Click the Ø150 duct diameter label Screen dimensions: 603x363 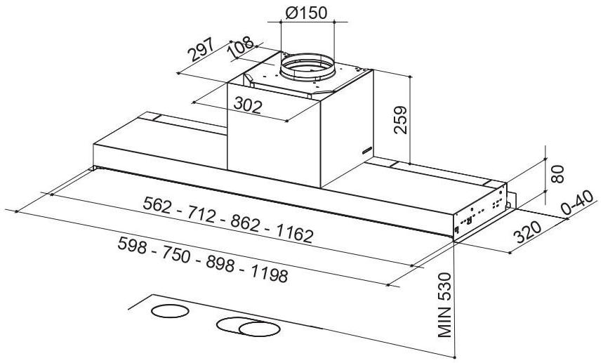tap(307, 13)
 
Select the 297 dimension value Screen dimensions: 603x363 tap(201, 49)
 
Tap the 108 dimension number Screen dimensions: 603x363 tap(241, 46)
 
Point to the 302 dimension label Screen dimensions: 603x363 tap(248, 105)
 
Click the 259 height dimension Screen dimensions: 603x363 tap(400, 119)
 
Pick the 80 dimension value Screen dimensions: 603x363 tap(557, 174)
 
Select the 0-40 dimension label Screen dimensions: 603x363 tap(577, 203)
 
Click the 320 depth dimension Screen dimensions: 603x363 tap(527, 232)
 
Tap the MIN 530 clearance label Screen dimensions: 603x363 tap(444, 305)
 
